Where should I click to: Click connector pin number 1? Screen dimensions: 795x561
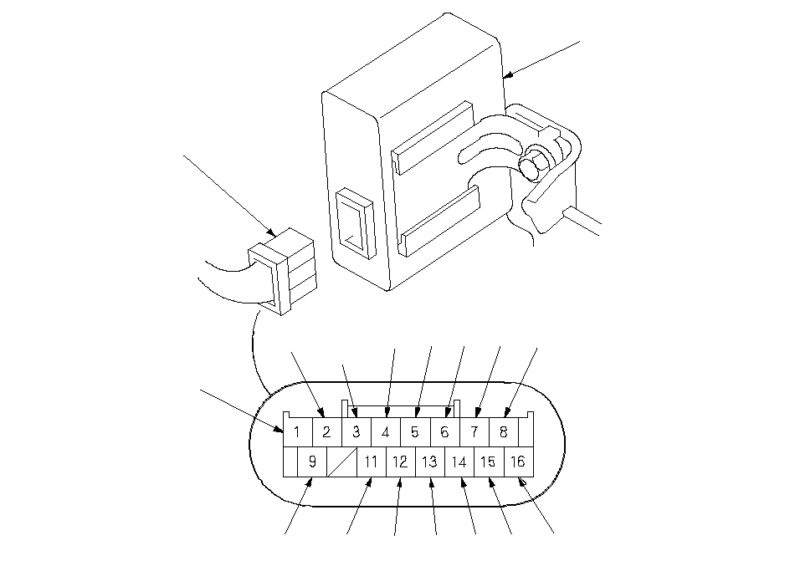(298, 432)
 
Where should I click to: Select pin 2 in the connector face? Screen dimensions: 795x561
(327, 432)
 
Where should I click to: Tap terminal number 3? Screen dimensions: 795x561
(356, 432)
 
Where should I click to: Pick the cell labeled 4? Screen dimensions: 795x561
(386, 432)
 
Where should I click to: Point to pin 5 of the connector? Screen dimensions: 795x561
(415, 432)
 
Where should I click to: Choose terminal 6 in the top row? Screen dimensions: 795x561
(444, 432)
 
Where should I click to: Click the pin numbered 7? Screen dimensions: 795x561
(474, 432)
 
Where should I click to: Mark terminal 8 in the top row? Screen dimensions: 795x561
(503, 432)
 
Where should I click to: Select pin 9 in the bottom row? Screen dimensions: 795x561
(312, 461)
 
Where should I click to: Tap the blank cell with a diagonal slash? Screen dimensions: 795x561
(342, 461)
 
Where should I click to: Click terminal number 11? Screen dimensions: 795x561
(372, 461)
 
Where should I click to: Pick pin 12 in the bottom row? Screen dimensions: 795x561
(401, 461)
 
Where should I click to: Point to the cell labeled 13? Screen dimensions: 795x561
(430, 461)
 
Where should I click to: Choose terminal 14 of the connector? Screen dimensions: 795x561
(459, 461)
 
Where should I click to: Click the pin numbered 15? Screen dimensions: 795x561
(489, 461)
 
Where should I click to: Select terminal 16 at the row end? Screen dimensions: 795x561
(518, 461)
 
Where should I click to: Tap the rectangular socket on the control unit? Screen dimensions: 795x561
(355, 222)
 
